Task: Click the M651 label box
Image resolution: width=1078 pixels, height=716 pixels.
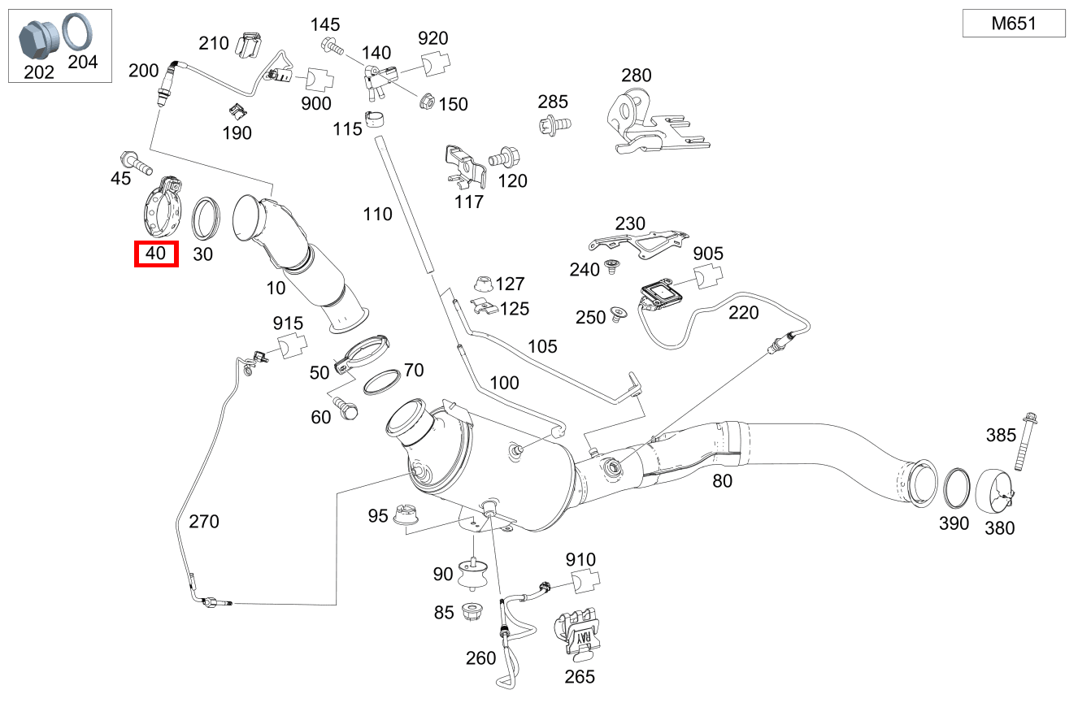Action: [x=1013, y=24]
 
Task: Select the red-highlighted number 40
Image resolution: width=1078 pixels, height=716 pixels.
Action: [x=155, y=254]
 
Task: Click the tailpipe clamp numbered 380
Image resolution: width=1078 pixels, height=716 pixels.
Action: [x=994, y=492]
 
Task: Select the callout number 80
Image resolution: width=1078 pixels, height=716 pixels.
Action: [x=722, y=480]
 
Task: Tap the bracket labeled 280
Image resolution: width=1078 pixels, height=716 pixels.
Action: [x=650, y=124]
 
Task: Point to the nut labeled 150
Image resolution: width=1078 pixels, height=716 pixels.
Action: [x=424, y=102]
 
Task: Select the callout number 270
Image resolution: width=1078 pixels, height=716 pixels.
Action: [x=203, y=521]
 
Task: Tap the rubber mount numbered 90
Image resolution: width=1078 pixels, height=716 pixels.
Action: [x=472, y=575]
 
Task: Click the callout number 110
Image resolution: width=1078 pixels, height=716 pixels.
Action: [x=377, y=215]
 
